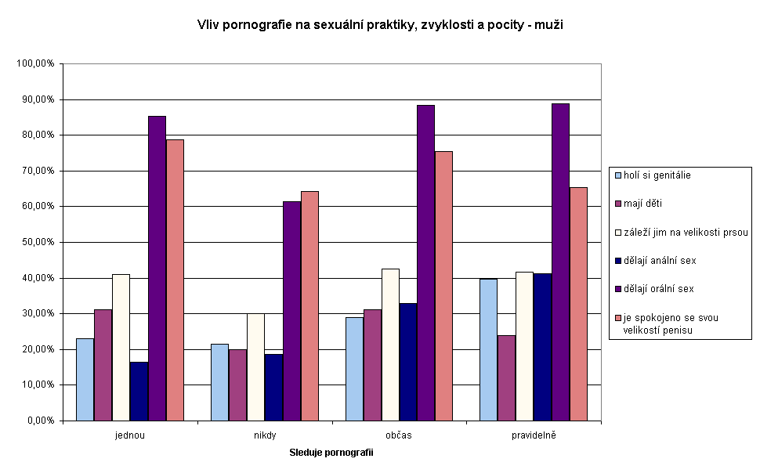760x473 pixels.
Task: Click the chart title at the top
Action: pyautogui.click(x=380, y=25)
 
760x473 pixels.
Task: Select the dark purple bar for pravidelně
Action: pyautogui.click(x=560, y=262)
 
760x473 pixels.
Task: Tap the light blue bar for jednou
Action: pyautogui.click(x=85, y=379)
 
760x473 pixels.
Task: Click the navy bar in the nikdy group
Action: pyautogui.click(x=273, y=387)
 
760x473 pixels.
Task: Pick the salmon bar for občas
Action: pyautogui.click(x=443, y=286)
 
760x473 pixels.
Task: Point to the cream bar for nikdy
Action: pyautogui.click(x=255, y=366)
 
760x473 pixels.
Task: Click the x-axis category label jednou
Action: pyautogui.click(x=129, y=435)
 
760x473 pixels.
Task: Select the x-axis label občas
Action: pyautogui.click(x=399, y=435)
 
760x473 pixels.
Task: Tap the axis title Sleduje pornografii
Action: pyautogui.click(x=331, y=453)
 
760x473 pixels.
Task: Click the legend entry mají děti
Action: pyautogui.click(x=644, y=204)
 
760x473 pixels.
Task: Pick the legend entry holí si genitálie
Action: pyautogui.click(x=657, y=175)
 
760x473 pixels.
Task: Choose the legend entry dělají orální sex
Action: pyautogui.click(x=658, y=289)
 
